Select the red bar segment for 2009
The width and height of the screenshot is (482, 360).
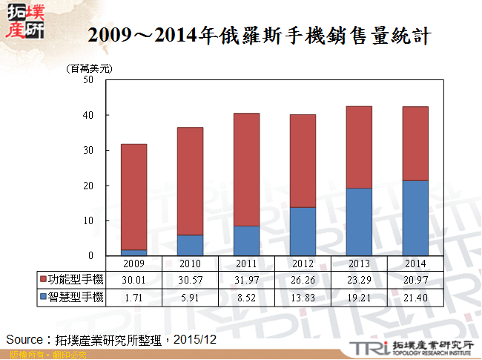[133, 197]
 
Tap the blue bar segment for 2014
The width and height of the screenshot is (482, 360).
[415, 218]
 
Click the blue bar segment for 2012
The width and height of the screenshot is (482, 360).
[303, 231]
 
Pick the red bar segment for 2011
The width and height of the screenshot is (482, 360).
[246, 169]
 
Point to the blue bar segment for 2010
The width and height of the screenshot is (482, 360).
[190, 245]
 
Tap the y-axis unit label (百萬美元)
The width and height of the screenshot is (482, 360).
[90, 68]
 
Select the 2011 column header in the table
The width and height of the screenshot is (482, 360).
[246, 264]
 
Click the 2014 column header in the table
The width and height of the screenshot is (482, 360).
[415, 264]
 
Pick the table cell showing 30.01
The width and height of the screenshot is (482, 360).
[133, 280]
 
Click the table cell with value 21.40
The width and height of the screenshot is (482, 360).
[415, 297]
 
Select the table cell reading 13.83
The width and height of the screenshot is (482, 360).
[303, 297]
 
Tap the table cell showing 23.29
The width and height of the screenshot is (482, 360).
[359, 280]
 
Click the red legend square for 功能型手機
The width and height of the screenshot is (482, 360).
[42, 280]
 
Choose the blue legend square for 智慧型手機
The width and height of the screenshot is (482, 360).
[42, 297]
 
